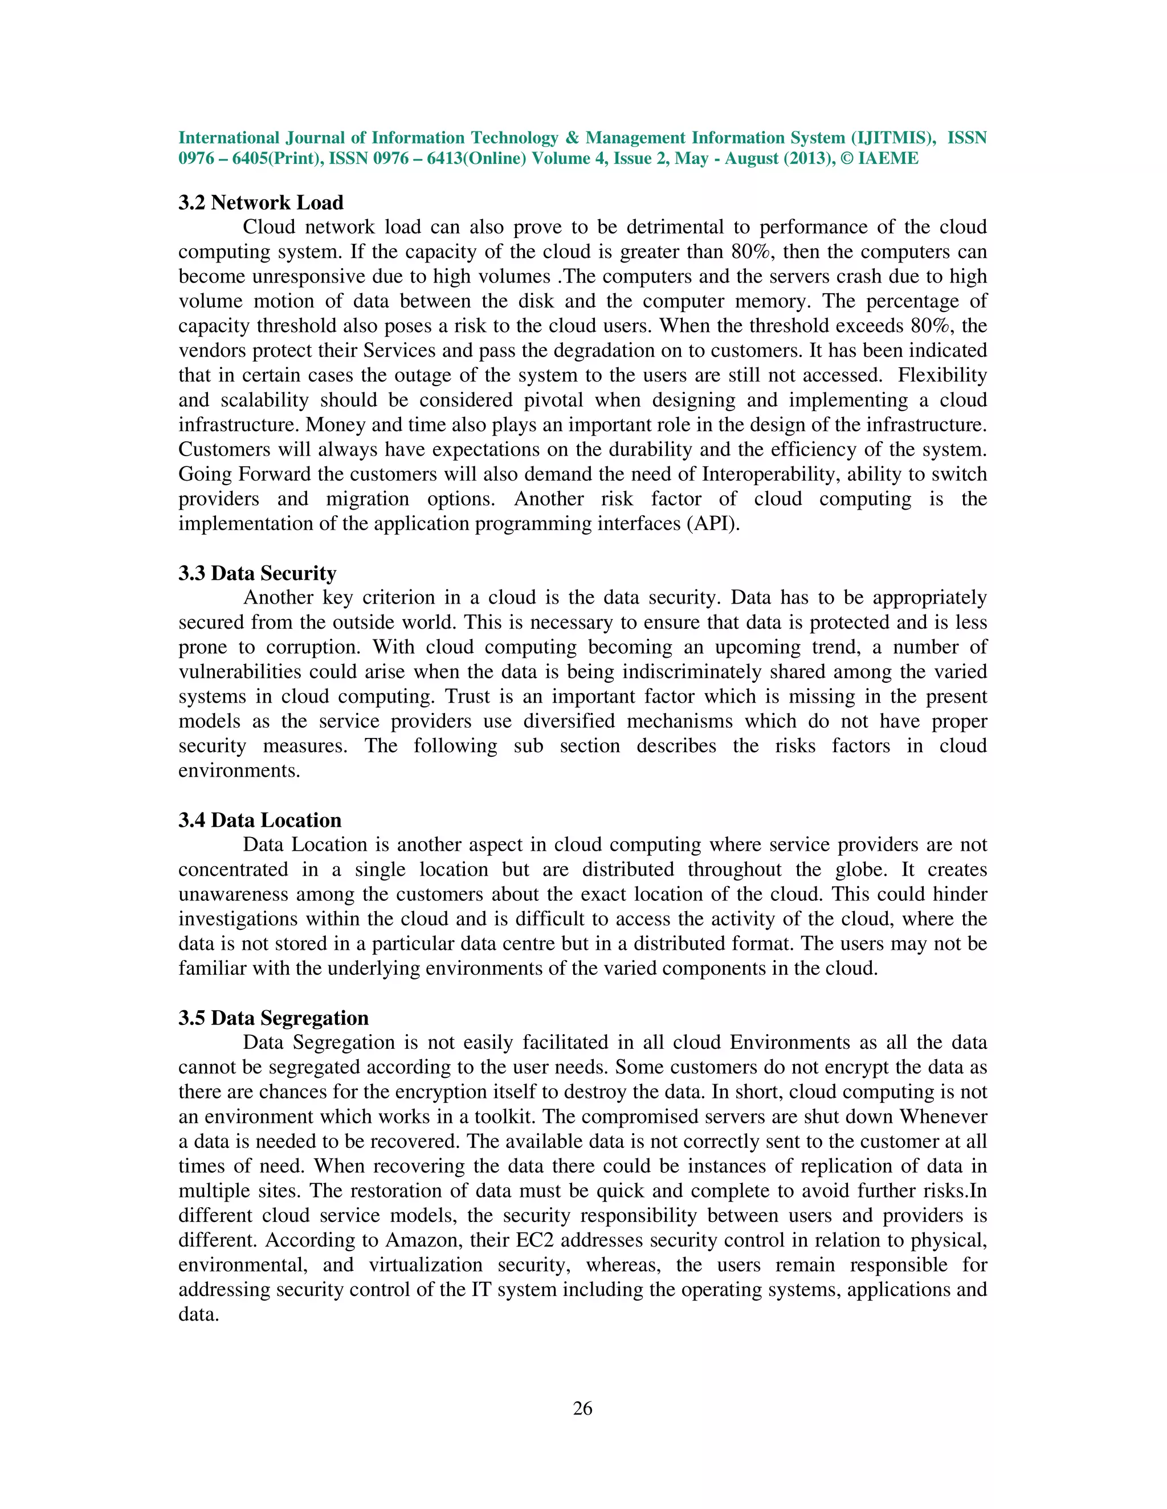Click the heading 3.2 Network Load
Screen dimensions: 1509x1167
click(x=260, y=203)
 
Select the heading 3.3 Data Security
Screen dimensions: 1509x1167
click(x=257, y=573)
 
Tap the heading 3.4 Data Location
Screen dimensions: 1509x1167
click(x=260, y=820)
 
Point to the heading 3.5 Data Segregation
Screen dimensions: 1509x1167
click(x=273, y=1018)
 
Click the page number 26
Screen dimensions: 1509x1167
click(x=583, y=1408)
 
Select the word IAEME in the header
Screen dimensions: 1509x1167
click(x=888, y=159)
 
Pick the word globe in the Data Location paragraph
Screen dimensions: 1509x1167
click(x=862, y=869)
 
